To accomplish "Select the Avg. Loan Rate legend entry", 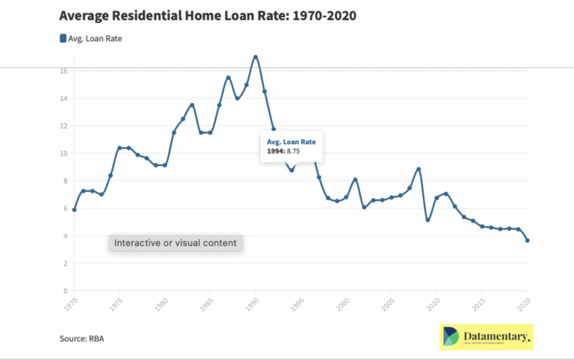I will pyautogui.click(x=90, y=39).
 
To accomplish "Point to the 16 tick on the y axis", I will pyautogui.click(x=65, y=71).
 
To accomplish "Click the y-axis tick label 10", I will pyautogui.click(x=65, y=153).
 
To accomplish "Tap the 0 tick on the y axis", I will pyautogui.click(x=67, y=291).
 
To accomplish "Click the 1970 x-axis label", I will pyautogui.click(x=70, y=305).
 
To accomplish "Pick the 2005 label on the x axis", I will pyautogui.click(x=388, y=305).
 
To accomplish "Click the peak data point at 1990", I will pyautogui.click(x=256, y=57).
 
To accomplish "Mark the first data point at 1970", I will pyautogui.click(x=74, y=210).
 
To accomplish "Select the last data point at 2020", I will pyautogui.click(x=528, y=240).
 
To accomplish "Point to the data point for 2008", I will pyautogui.click(x=419, y=169).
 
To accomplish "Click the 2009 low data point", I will pyautogui.click(x=428, y=220).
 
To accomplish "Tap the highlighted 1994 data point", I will pyautogui.click(x=291, y=170).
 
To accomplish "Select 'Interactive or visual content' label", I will pyautogui.click(x=175, y=243).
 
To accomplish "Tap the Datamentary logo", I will pyautogui.click(x=486, y=337).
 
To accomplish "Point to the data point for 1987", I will pyautogui.click(x=228, y=78).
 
